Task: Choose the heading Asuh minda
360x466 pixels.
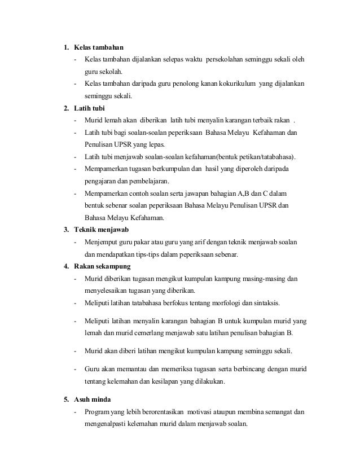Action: point(93,400)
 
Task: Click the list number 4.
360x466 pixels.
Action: point(66,266)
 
